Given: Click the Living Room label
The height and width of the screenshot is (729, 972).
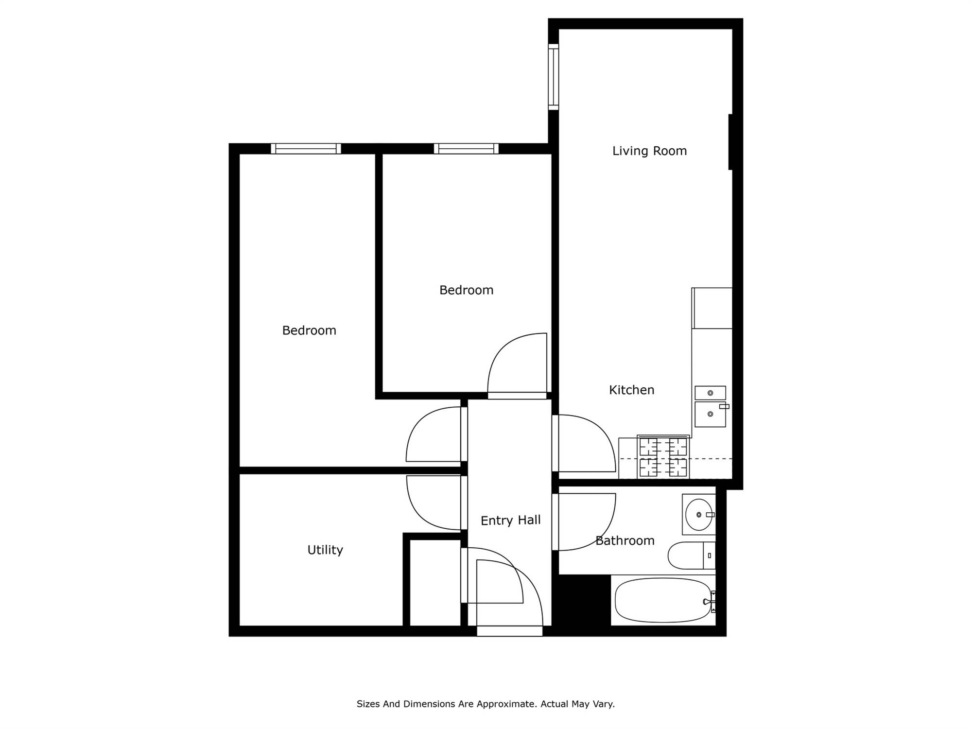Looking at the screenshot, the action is click(649, 151).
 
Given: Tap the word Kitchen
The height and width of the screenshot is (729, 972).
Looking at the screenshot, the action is click(631, 390).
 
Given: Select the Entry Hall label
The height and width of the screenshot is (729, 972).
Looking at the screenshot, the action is click(510, 521).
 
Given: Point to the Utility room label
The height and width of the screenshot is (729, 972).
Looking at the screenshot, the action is click(325, 550).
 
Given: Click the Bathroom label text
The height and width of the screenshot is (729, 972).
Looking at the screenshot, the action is click(625, 540).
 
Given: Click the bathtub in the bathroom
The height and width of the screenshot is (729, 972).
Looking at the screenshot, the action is click(663, 600).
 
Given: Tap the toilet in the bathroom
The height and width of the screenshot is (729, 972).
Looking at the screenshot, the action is click(692, 555).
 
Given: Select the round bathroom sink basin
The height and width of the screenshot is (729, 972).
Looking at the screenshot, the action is click(699, 515).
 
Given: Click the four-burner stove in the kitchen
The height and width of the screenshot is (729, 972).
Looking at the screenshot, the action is click(663, 457).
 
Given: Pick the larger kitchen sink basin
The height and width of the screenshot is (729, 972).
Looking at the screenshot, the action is click(710, 414).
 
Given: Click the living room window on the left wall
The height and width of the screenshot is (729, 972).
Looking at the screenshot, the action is click(553, 77).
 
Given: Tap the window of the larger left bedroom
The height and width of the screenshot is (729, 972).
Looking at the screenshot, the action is click(306, 149).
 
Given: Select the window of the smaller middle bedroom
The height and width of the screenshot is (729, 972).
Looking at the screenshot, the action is click(466, 149).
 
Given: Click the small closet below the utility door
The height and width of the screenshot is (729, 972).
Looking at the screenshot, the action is click(435, 583).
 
